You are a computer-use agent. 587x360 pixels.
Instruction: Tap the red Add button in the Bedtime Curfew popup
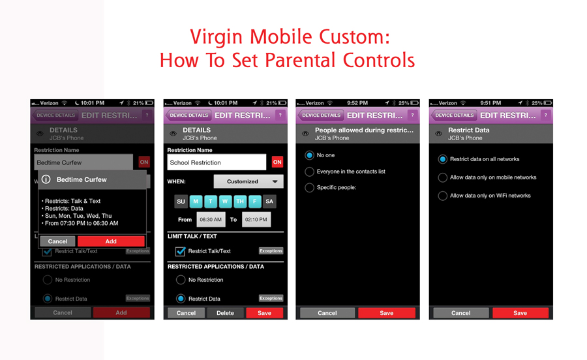click(x=111, y=241)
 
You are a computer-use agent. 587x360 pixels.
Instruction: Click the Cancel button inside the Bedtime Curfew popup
click(x=57, y=241)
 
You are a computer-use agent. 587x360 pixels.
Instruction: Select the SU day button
click(x=181, y=202)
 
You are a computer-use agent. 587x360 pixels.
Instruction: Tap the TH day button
click(x=239, y=202)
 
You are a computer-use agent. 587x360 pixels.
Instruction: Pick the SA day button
click(x=269, y=202)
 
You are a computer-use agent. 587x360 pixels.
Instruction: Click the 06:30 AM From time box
click(x=211, y=220)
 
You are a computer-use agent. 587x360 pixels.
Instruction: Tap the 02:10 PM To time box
click(x=256, y=220)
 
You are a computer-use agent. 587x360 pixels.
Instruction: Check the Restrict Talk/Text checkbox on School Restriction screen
click(x=180, y=251)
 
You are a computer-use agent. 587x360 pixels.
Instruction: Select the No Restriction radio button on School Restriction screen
click(x=181, y=280)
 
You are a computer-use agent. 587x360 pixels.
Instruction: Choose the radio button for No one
click(x=310, y=155)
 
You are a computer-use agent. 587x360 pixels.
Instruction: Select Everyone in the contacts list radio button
click(x=310, y=172)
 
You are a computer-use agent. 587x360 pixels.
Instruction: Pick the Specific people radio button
click(x=310, y=188)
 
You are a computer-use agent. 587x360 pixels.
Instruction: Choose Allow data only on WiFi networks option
click(x=443, y=196)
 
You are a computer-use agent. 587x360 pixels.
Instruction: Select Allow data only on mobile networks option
click(x=443, y=177)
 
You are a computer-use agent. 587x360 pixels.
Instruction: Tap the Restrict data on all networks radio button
click(x=443, y=159)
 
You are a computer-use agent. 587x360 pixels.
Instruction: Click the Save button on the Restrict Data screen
click(x=520, y=313)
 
